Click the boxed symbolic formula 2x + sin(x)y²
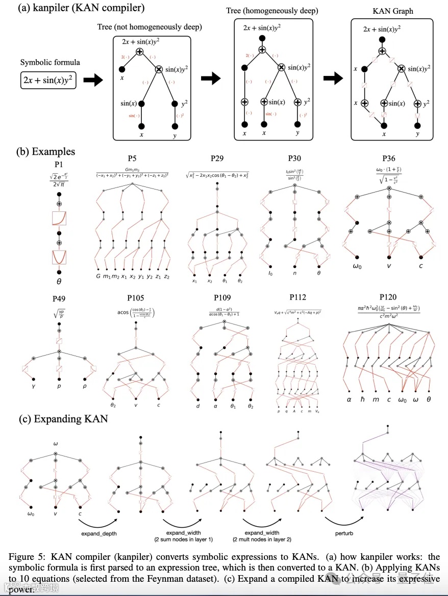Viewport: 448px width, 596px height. pyautogui.click(x=48, y=80)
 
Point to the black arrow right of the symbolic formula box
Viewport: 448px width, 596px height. pyautogui.click(x=92, y=80)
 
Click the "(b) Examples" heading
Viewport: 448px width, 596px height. pyautogui.click(x=45, y=151)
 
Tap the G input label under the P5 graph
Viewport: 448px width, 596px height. pyautogui.click(x=98, y=276)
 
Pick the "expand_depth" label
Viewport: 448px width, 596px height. pyautogui.click(x=98, y=533)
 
